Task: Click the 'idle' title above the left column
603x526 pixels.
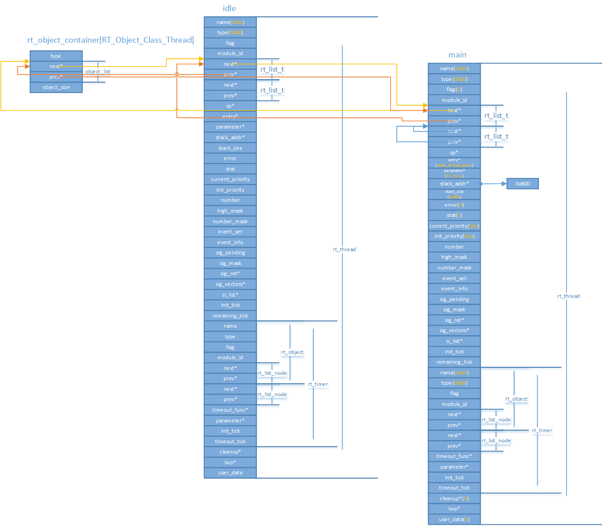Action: click(229, 8)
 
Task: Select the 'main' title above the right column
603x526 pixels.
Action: click(457, 55)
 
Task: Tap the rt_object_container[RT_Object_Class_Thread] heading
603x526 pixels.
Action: click(111, 40)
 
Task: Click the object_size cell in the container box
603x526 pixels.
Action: click(56, 87)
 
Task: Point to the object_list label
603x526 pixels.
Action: click(98, 72)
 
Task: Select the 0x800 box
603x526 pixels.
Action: click(523, 184)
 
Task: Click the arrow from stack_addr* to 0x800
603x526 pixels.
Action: click(493, 184)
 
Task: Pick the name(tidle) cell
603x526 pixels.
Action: click(230, 22)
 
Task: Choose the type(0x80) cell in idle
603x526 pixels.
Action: click(230, 32)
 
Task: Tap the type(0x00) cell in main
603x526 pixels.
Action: click(454, 79)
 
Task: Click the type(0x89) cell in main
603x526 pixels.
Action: click(454, 383)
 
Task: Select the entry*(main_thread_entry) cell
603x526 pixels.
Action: click(454, 163)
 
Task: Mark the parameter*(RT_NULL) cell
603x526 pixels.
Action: click(454, 173)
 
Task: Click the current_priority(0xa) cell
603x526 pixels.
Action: click(454, 226)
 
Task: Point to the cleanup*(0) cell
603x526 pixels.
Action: click(454, 498)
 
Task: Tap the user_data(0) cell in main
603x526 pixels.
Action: click(454, 519)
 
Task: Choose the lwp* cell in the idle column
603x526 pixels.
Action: click(230, 462)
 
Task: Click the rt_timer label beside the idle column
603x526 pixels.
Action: click(318, 384)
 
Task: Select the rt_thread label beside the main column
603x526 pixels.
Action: click(568, 296)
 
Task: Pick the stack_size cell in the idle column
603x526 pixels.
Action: click(230, 148)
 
